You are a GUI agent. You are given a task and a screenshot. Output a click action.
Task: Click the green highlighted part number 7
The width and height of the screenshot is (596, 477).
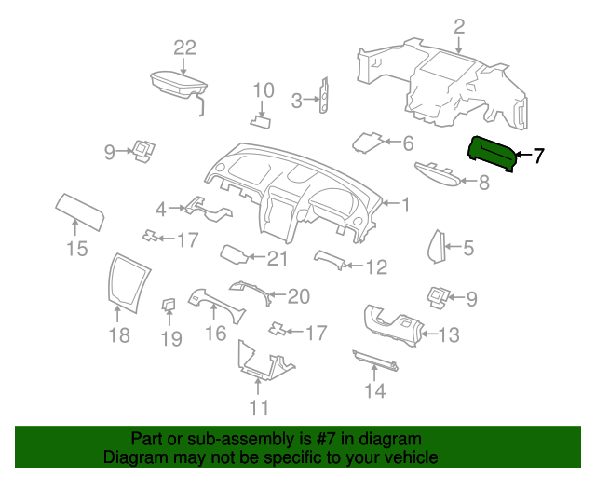492,154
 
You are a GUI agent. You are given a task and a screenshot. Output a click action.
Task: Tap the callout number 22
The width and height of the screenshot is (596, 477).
184,48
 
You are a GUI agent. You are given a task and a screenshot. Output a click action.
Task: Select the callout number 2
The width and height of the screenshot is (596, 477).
459,27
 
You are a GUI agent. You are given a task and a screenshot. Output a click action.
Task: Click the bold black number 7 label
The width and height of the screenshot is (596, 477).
538,156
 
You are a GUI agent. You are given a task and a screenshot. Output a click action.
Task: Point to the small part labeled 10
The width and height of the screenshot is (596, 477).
261,122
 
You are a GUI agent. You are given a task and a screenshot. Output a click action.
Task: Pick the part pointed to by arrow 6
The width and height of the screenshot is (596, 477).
367,143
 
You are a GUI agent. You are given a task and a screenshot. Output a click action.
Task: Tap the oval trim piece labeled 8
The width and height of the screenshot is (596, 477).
438,175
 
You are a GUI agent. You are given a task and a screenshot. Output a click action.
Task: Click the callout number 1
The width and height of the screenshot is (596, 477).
406,205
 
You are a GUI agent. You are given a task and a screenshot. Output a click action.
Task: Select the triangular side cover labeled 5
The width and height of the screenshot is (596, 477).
437,247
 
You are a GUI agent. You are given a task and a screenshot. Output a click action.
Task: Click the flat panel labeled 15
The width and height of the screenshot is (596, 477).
80,211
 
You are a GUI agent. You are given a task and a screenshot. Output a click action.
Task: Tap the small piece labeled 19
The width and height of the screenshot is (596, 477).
169,305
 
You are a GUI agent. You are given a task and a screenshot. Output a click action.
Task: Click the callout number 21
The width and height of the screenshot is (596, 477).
278,259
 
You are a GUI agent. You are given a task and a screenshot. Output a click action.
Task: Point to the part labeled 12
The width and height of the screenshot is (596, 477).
330,260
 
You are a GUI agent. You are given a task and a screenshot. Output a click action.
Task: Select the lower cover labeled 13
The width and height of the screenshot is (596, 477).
393,325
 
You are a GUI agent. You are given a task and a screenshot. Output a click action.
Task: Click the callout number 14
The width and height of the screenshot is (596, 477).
374,390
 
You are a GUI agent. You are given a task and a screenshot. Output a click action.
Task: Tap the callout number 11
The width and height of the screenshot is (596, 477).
259,407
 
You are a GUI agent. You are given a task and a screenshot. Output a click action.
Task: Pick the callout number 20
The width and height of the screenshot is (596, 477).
299,296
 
